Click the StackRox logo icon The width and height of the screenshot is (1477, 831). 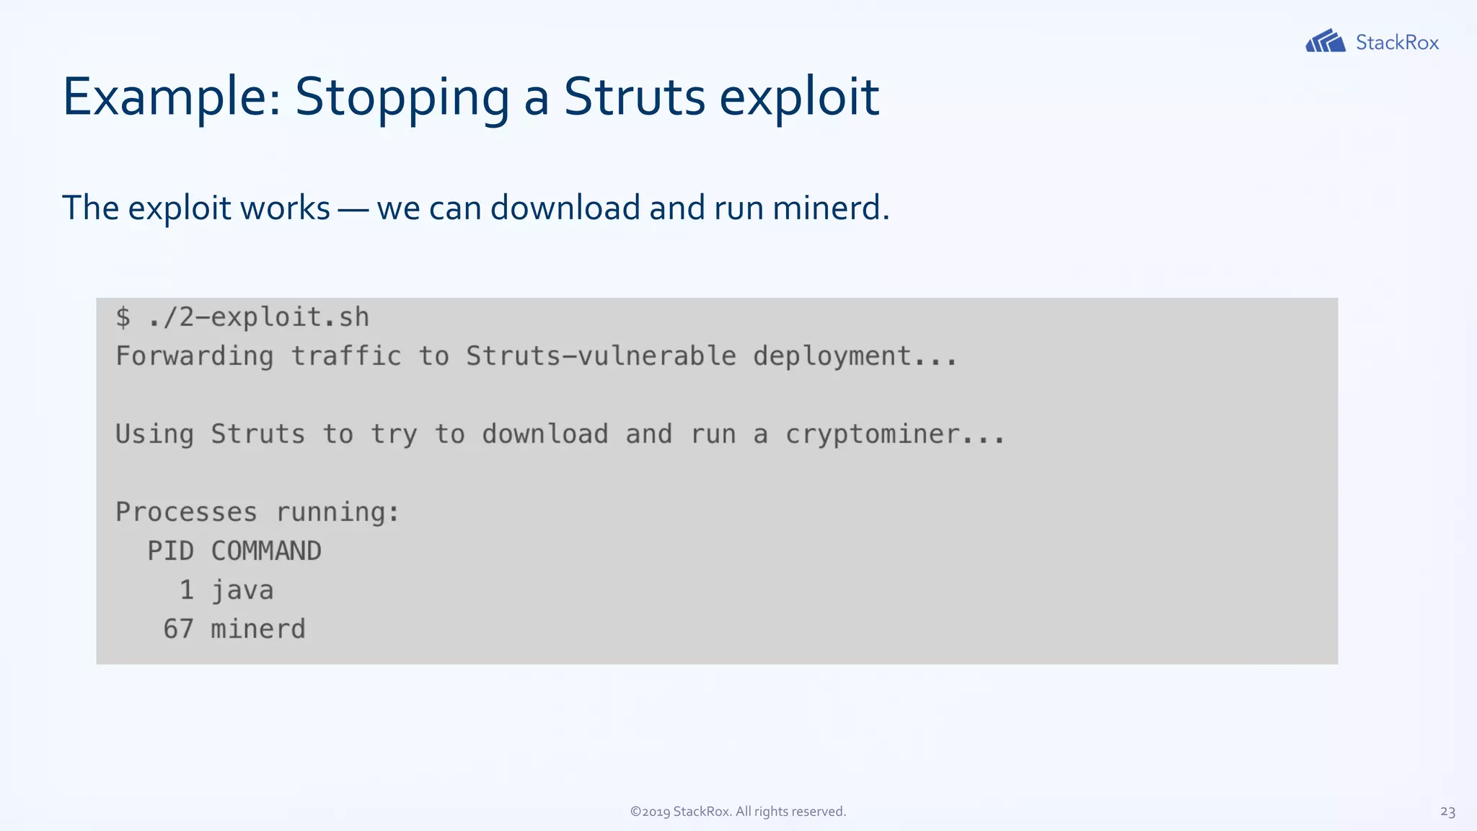tap(1325, 41)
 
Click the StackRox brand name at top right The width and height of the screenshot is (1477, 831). tap(1397, 43)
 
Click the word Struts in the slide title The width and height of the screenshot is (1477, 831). tap(634, 97)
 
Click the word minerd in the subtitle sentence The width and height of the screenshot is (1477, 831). tap(830, 208)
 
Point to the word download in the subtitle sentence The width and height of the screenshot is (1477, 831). tap(565, 208)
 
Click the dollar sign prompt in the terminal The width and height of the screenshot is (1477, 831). tap(123, 317)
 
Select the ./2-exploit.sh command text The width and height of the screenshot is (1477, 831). tap(258, 317)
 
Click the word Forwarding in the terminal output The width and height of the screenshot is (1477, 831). tap(195, 356)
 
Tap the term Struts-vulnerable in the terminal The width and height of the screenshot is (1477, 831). tap(601, 356)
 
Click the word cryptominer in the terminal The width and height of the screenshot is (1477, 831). tap(872, 434)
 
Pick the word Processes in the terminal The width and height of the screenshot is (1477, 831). tap(186, 512)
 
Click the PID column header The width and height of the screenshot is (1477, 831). tap(170, 551)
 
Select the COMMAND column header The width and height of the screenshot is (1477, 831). tap(265, 551)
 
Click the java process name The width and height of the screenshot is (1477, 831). tap(242, 590)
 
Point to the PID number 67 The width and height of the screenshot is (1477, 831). tap(178, 629)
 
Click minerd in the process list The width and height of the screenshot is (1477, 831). tap(258, 629)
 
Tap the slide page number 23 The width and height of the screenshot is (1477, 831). tap(1447, 812)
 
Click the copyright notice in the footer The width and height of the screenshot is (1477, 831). tap(738, 812)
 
